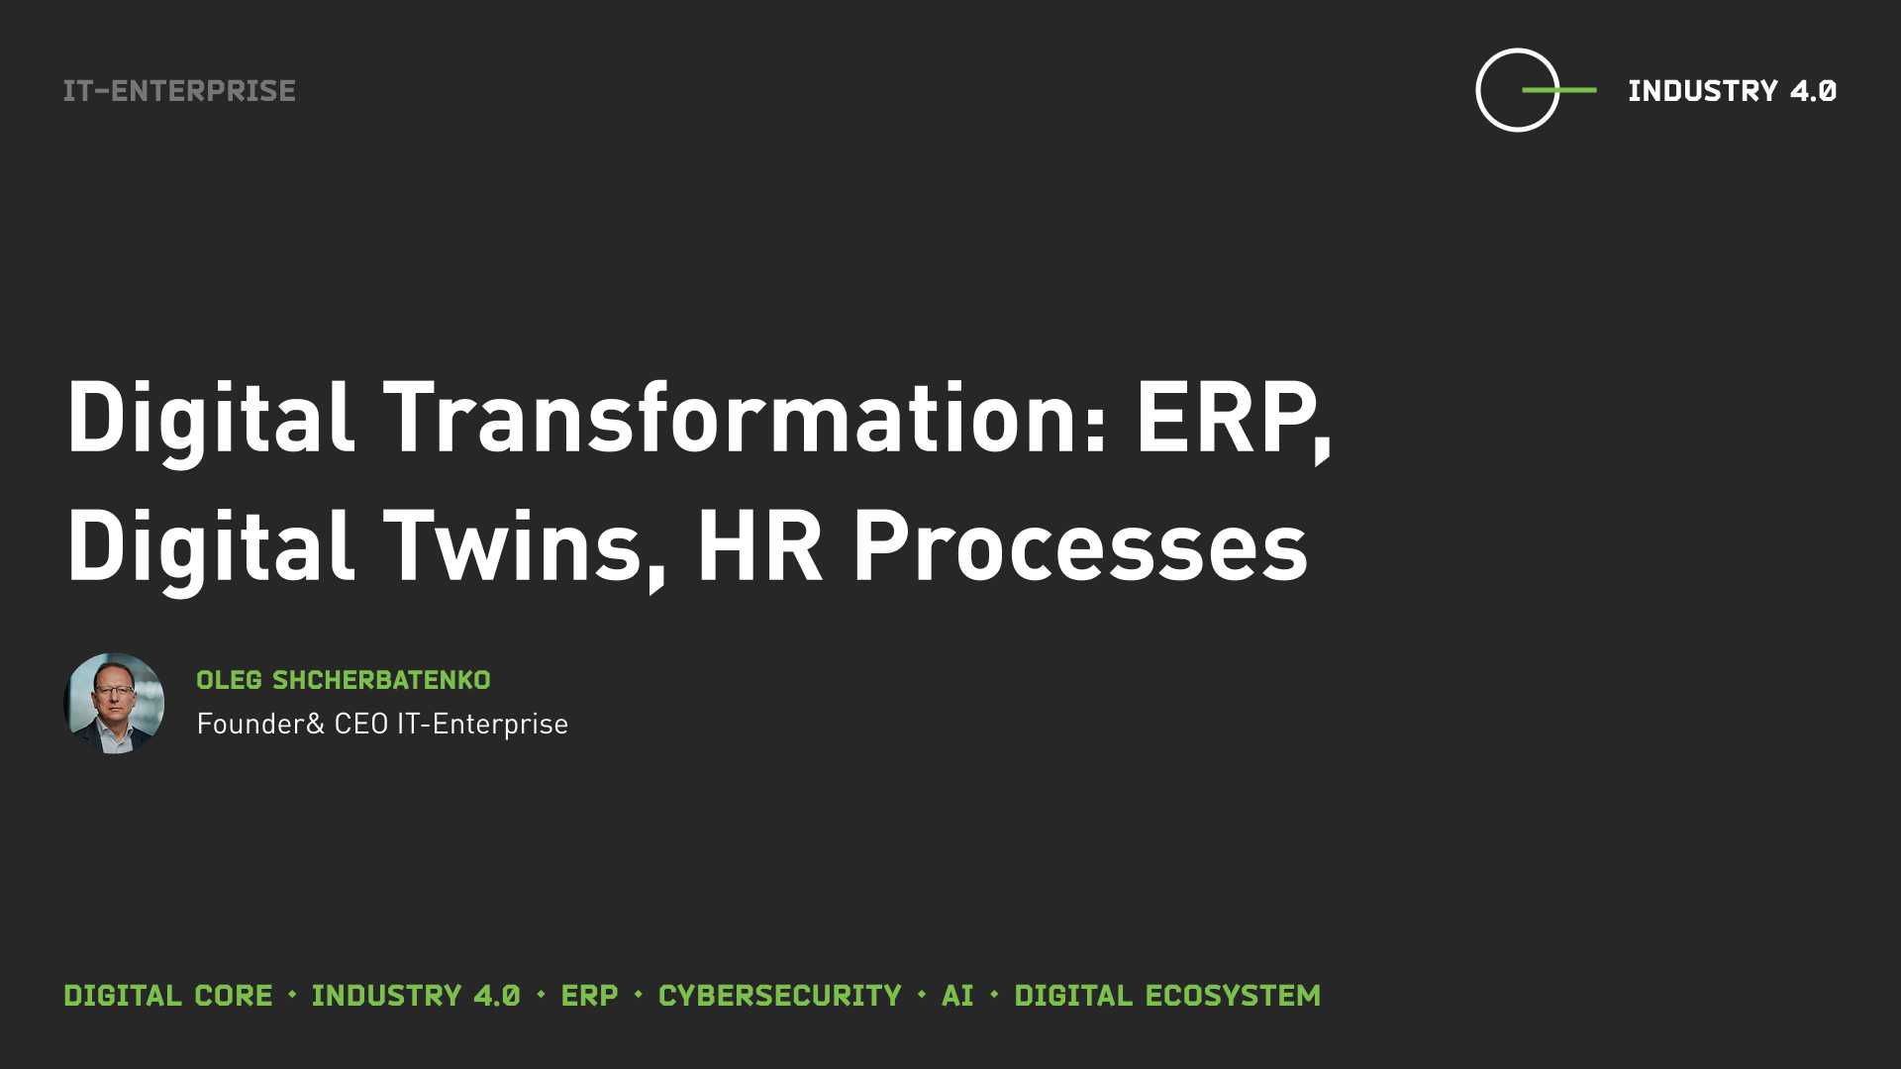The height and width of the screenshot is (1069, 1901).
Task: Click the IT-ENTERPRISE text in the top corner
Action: (x=179, y=91)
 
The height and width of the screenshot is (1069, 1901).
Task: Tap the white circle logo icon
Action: (x=1477, y=90)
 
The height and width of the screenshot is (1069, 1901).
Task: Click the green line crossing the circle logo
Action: (x=1558, y=90)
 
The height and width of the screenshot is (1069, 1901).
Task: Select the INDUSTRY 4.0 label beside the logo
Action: (x=1732, y=91)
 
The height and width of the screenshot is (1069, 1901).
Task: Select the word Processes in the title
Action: (x=1080, y=547)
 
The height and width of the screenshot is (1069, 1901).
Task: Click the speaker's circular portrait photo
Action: (x=114, y=704)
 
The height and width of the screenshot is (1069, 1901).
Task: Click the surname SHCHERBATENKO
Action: (x=381, y=680)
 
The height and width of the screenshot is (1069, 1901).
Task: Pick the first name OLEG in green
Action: (x=229, y=680)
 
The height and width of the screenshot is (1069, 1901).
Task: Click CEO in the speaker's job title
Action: (x=360, y=724)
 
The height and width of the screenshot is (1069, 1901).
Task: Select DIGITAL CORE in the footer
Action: (x=168, y=996)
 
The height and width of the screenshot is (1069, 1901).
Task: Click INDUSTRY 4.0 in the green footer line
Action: (x=416, y=996)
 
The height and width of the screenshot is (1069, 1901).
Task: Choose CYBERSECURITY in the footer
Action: (x=780, y=996)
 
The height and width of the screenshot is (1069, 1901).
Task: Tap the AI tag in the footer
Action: (x=957, y=996)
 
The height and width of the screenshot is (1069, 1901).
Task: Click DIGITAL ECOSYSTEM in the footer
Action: (x=1167, y=996)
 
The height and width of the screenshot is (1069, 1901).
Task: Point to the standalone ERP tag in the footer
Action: (x=589, y=996)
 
